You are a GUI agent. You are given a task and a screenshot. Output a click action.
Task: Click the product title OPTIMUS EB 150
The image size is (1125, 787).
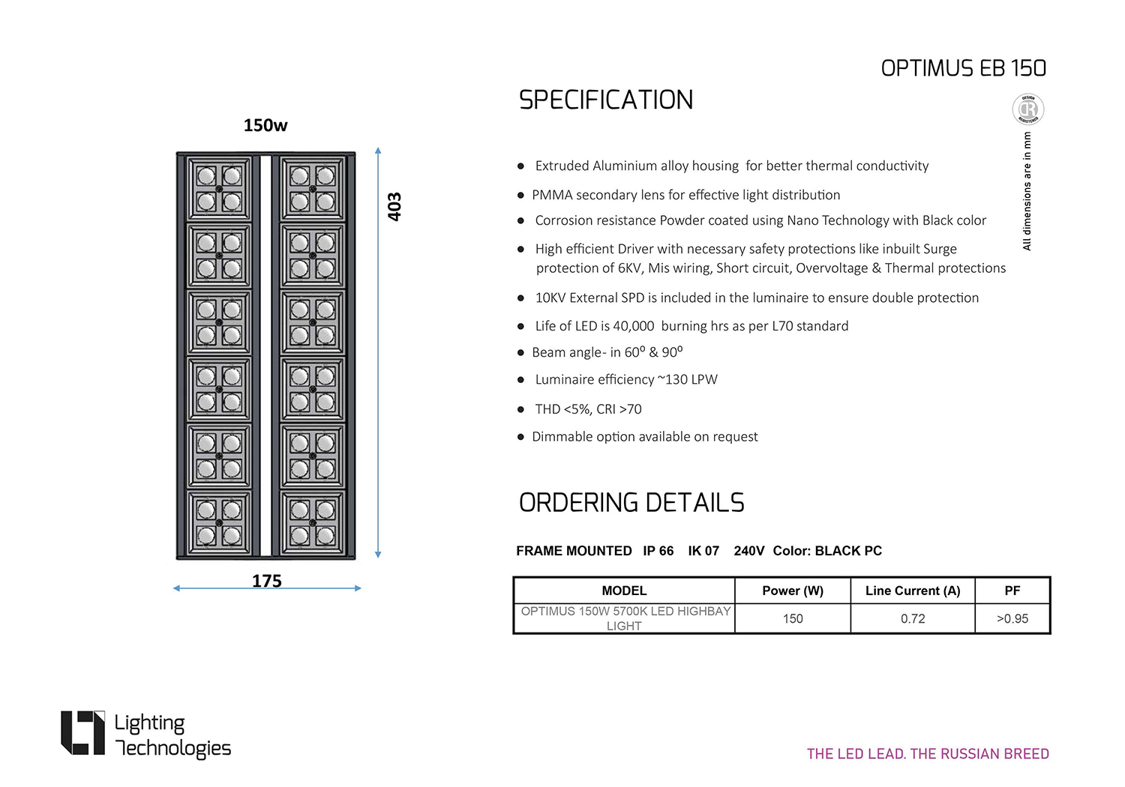(963, 68)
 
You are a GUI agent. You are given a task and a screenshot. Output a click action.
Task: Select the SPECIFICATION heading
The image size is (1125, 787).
(606, 100)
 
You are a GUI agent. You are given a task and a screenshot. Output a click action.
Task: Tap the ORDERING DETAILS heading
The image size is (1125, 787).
(631, 502)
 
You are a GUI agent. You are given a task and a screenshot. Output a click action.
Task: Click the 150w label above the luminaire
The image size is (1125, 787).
(265, 125)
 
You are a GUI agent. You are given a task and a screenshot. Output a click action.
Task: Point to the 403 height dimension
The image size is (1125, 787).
(394, 206)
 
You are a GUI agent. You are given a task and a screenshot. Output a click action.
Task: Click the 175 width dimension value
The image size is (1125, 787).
(267, 580)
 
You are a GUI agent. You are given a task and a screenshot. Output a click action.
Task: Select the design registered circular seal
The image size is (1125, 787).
(1027, 109)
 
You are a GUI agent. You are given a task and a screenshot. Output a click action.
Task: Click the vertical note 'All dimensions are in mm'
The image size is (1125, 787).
(1027, 191)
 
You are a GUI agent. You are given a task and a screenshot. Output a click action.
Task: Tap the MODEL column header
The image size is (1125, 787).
(624, 591)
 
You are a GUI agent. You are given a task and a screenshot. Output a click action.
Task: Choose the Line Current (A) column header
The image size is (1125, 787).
(913, 591)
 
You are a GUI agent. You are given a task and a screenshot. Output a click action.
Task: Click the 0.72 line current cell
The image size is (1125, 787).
(913, 618)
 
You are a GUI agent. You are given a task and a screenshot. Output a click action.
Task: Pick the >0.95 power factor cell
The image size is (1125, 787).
(1012, 618)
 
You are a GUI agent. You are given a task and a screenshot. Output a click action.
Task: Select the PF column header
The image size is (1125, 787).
(1012, 591)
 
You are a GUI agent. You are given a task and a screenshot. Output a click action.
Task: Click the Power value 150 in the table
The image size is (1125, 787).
(793, 618)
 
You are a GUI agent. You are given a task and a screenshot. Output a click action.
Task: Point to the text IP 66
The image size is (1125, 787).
(658, 551)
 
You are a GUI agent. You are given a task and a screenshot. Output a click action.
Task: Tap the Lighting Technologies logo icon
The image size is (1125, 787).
(82, 732)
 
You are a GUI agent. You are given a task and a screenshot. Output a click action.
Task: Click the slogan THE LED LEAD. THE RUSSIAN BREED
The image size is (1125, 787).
(928, 754)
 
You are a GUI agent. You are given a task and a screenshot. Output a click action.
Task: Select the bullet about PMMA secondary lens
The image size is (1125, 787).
(685, 195)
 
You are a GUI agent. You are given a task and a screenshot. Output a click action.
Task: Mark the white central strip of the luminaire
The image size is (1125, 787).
(265, 355)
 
